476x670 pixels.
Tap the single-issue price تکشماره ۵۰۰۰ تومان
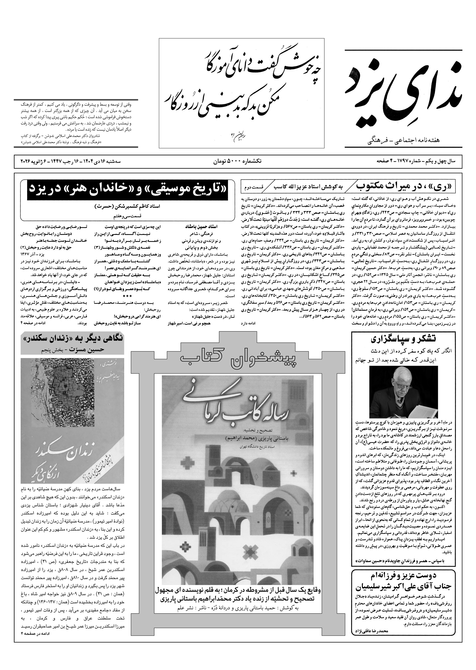(237, 161)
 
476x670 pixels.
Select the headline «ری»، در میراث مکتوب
(409, 186)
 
